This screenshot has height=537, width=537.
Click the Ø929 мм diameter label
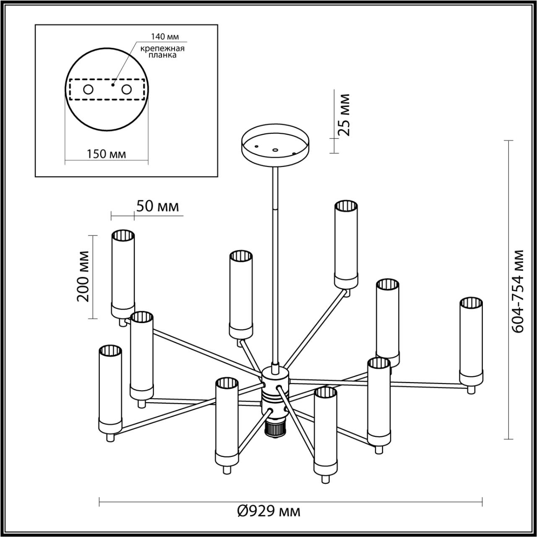point(268,511)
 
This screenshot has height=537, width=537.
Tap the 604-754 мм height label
point(519,291)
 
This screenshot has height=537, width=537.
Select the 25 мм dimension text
point(344,115)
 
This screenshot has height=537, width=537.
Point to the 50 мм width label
point(157,206)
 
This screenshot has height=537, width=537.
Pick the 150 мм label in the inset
point(106,154)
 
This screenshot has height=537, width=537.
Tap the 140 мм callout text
point(162,36)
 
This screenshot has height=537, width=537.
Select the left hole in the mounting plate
point(89,89)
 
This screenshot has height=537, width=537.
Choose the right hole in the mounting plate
point(126,89)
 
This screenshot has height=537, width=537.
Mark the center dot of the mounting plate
point(112,84)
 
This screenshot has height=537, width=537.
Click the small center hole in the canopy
point(275,149)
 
